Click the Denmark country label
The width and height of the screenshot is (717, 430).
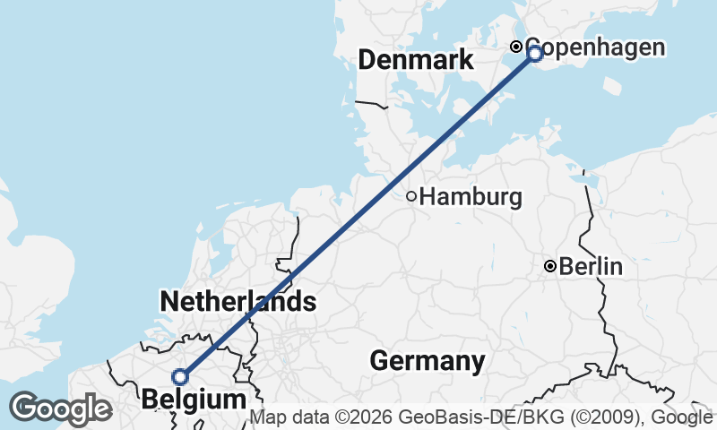(x=415, y=60)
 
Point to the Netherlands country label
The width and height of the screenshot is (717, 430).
(x=238, y=302)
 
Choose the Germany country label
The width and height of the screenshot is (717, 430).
(x=428, y=361)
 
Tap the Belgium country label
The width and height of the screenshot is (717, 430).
(x=194, y=399)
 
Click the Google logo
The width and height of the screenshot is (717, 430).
(x=61, y=408)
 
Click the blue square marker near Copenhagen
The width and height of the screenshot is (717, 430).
(x=535, y=54)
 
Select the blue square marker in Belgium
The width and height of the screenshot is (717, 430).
(x=180, y=377)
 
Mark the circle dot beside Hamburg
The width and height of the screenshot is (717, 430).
(x=411, y=196)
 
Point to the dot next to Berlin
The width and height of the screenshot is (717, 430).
(x=551, y=266)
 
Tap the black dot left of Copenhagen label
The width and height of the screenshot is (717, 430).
(x=516, y=47)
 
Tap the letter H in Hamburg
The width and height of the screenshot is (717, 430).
(x=427, y=196)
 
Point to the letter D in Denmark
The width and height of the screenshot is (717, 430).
(x=367, y=60)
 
